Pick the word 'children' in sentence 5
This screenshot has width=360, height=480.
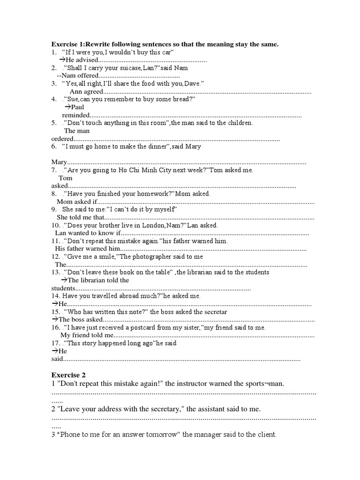click(x=239, y=123)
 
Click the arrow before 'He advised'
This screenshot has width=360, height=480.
click(x=62, y=60)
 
